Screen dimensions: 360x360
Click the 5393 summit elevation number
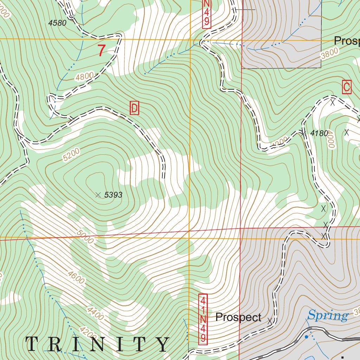coord(113,195)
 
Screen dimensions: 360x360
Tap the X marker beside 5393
coord(98,194)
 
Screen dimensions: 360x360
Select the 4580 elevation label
coord(57,23)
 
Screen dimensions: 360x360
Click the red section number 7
coord(101,51)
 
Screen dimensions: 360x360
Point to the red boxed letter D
coord(134,108)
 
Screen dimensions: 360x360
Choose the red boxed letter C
coord(347,87)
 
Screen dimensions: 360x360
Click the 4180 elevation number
coord(320,133)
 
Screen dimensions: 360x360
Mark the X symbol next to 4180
coord(303,133)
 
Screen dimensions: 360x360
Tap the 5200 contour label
coord(72,155)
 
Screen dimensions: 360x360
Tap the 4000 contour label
coord(332,142)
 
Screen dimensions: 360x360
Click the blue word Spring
coord(328,315)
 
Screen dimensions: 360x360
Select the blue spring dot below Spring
coord(306,337)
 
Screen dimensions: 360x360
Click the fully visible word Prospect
coord(238,317)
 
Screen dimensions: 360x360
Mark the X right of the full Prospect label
coord(270,321)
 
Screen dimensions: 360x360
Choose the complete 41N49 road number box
coord(203,319)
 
